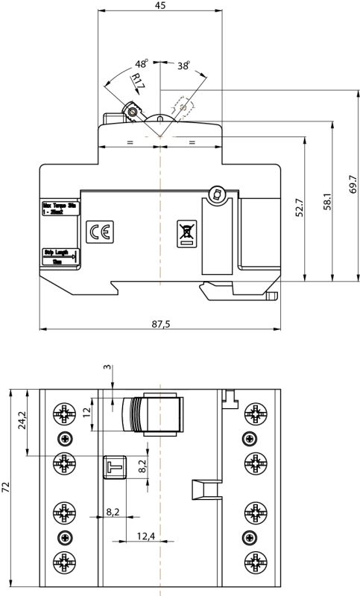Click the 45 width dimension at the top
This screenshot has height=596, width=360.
(160, 5)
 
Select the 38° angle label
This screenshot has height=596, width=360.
(183, 65)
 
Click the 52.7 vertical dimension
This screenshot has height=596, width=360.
(300, 207)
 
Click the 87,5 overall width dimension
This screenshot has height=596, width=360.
(160, 323)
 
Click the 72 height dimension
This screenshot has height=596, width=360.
(7, 488)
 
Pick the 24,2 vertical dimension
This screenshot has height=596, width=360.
(22, 421)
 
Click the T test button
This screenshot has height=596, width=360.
(113, 466)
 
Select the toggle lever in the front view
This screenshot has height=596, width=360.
(155, 414)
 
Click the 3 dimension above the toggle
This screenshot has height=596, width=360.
(107, 368)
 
